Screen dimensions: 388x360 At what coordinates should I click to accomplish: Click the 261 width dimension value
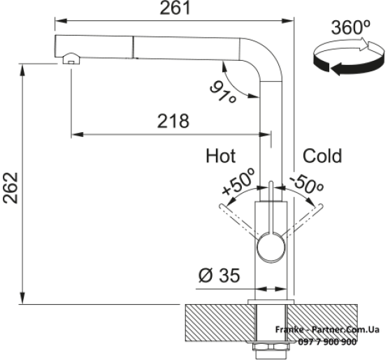[x=175, y=8]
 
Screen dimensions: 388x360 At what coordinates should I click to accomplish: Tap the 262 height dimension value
[x=11, y=188]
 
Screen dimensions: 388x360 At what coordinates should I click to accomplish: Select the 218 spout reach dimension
[x=173, y=121]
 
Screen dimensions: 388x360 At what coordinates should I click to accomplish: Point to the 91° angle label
[x=223, y=92]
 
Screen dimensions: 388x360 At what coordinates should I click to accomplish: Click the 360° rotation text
[x=351, y=27]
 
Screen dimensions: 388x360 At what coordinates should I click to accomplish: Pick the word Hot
[x=221, y=156]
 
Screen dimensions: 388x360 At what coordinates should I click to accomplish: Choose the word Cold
[x=322, y=156]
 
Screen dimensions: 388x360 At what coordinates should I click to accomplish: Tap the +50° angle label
[x=238, y=181]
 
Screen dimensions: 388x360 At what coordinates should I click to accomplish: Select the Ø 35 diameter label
[x=219, y=275]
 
